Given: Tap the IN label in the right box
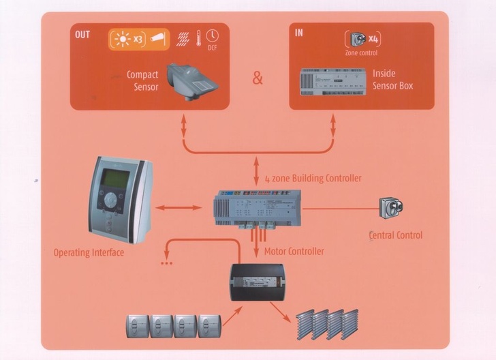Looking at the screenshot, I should click(299, 32).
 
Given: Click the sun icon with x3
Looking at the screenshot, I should click(125, 39).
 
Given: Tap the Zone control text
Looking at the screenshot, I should click(361, 52).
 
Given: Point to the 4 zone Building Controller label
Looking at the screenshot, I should click(313, 178).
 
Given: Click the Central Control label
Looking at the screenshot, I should click(396, 235).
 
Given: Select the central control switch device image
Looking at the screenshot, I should click(391, 207).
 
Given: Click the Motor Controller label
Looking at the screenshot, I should click(294, 251).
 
